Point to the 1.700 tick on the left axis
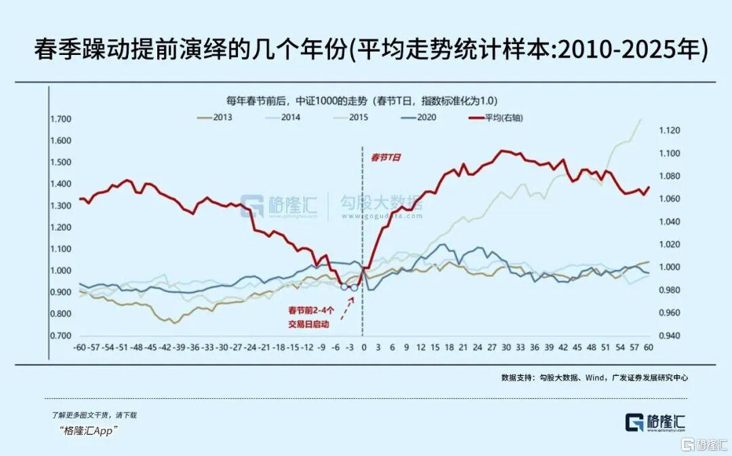point(60,119)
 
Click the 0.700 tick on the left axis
point(60,336)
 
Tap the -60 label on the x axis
point(81,347)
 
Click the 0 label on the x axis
point(363,347)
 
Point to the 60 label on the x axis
point(648,347)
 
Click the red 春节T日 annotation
point(386,157)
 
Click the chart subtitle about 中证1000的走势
point(366,100)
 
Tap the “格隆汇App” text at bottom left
point(89,430)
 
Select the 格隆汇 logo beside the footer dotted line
point(655,421)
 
